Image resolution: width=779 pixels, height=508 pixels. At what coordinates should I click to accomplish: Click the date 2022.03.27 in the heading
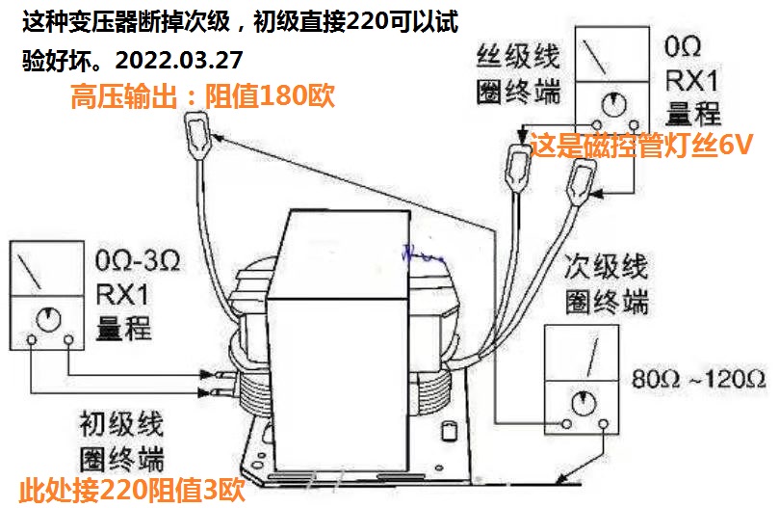coord(179,60)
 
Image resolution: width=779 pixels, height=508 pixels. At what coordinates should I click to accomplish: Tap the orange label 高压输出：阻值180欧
coord(203,96)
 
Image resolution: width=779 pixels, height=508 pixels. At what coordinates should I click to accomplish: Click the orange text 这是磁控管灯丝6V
coord(641,145)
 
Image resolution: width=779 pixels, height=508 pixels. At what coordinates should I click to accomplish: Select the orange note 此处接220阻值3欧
coord(132,491)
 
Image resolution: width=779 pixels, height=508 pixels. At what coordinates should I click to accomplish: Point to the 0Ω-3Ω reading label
coord(138,260)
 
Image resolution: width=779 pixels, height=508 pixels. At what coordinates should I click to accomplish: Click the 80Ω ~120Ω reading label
coord(698,380)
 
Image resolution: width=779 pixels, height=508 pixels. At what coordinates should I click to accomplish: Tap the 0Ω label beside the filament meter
coord(683,47)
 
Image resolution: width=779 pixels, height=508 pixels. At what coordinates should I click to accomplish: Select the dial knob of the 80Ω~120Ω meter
coord(584,403)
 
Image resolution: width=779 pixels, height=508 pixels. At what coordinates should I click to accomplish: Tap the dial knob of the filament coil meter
coord(614,105)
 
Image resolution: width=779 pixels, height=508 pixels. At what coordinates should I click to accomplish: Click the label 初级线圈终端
coord(122,441)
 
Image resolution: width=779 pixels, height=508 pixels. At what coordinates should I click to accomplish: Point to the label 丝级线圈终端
coord(518,73)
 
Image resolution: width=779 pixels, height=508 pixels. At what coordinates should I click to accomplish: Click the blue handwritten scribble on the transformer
coord(423,254)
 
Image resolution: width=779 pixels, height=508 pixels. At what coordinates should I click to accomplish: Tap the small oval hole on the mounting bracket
coord(449,431)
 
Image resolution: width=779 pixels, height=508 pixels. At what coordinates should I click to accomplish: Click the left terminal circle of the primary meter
coord(32,340)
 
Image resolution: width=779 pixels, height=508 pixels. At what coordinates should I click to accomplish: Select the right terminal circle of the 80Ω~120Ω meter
coord(603,424)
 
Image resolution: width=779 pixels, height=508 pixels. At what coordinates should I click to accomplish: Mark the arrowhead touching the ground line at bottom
coord(561,479)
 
